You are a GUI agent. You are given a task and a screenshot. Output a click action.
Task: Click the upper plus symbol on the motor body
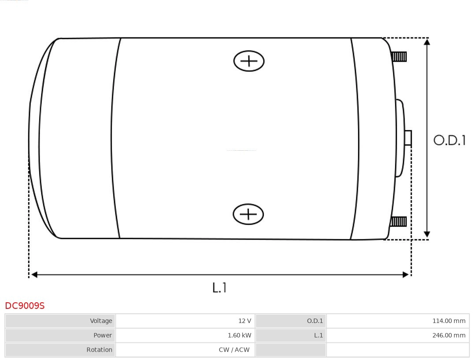click(249, 61)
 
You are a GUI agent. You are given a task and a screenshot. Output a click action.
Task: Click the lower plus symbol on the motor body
click(248, 214)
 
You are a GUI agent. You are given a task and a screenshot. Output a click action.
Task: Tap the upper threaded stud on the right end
click(399, 56)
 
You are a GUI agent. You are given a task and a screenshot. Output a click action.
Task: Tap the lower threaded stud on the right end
click(398, 221)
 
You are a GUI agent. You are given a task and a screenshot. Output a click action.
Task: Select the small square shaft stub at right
click(408, 138)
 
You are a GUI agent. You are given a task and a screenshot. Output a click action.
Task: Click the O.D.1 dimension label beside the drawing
click(449, 140)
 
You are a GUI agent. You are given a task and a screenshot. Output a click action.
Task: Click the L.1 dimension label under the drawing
click(219, 287)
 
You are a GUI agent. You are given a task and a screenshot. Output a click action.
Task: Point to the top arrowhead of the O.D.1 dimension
click(427, 42)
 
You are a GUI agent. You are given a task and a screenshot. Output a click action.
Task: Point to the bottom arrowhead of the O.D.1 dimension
click(427, 234)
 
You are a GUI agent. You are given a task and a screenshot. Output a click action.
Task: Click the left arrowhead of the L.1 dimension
click(34, 275)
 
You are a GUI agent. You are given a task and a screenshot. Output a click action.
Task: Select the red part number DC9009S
click(25, 305)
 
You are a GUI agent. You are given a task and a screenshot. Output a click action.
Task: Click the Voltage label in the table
click(101, 321)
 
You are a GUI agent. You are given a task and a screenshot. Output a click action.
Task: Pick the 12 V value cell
click(245, 321)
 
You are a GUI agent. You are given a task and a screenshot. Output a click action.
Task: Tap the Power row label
click(103, 335)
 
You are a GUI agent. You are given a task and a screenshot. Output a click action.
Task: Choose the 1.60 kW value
click(239, 335)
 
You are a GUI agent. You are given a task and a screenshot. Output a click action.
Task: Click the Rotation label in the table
click(99, 349)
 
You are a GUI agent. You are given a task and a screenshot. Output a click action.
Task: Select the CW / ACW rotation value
click(234, 349)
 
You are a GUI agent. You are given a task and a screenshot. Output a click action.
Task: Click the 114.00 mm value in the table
click(449, 321)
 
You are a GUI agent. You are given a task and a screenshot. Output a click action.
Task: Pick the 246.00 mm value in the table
click(449, 335)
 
